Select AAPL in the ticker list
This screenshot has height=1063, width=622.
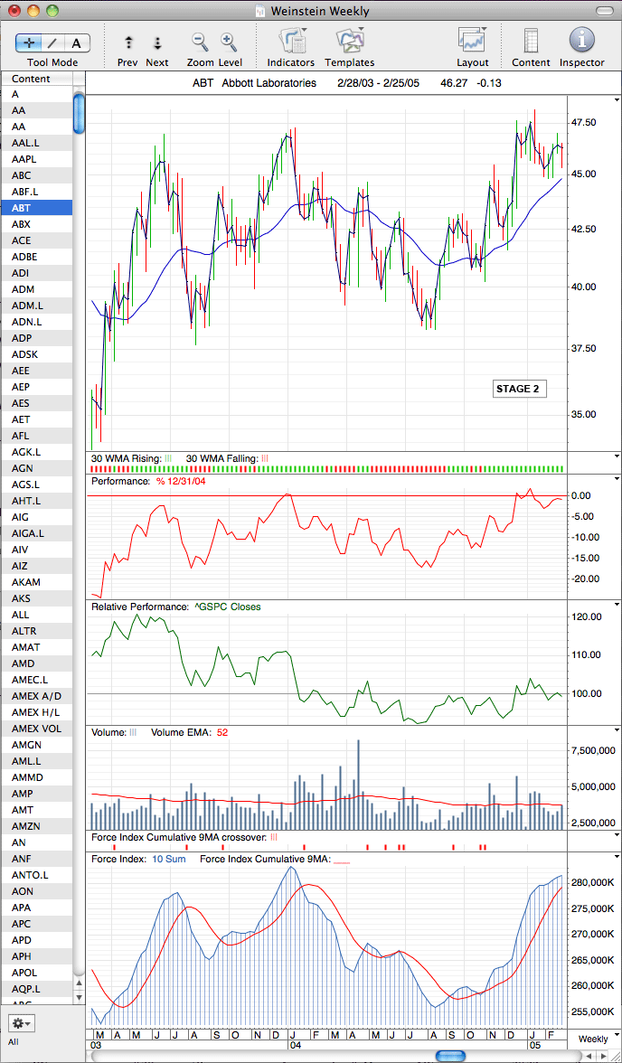24,159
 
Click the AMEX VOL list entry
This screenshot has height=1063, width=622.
32,729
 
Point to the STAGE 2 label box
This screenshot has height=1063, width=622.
519,389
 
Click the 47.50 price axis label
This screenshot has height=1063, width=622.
584,122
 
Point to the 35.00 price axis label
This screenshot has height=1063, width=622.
584,414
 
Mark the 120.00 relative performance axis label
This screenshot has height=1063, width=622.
586,616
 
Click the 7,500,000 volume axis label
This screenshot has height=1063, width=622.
590,750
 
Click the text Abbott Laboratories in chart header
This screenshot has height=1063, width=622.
269,83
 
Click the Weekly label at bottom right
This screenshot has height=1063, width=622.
593,1039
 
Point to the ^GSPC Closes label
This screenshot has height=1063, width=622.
227,607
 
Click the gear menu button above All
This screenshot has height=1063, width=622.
21,1022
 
